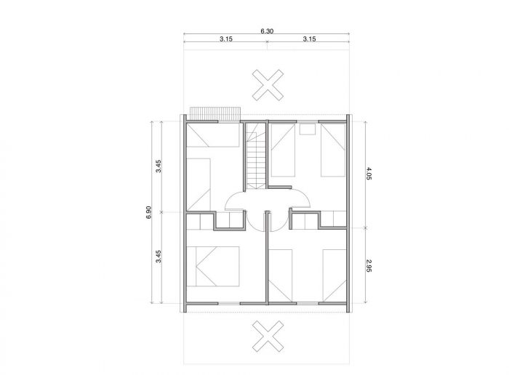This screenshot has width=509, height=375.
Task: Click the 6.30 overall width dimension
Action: tap(267, 31)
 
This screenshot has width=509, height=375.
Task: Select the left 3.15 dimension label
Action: tap(226, 39)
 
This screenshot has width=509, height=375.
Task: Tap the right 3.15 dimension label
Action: tap(309, 39)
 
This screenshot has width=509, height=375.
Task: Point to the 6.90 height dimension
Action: tap(148, 212)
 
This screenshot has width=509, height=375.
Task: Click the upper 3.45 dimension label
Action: tap(159, 166)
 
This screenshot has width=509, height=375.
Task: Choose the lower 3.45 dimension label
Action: tap(159, 257)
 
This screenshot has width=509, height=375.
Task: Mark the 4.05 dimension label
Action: tap(369, 174)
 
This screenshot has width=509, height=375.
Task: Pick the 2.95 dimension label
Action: tap(369, 265)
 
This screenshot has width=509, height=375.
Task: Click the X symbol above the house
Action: tap(268, 85)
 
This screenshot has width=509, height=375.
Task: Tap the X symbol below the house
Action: tap(268, 336)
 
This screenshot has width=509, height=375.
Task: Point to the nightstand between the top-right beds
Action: tap(308, 129)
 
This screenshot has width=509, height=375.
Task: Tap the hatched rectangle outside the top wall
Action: tap(215, 113)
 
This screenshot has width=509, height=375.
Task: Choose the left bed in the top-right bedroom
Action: tap(283, 150)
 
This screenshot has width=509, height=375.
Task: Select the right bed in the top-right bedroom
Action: tap(333, 150)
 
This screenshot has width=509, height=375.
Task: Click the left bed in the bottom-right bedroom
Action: tap(281, 275)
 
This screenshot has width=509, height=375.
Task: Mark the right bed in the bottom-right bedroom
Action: tap(334, 275)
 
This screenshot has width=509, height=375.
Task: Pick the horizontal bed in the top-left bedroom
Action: tap(213, 135)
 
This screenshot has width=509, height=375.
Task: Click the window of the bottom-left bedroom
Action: tap(228, 303)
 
